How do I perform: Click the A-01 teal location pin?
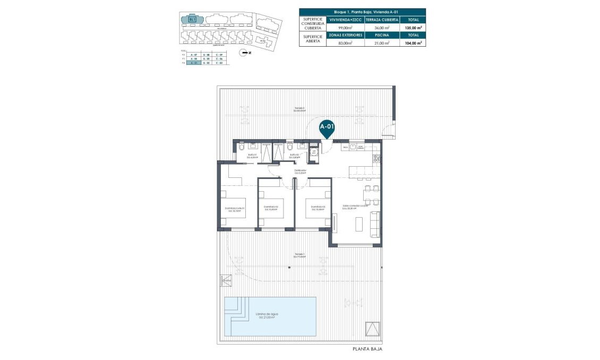(x=326, y=128)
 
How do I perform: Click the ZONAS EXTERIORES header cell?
(x=345, y=35)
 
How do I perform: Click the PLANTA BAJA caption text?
(x=367, y=349)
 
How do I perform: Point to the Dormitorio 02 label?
(x=270, y=208)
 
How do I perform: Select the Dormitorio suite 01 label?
(x=234, y=209)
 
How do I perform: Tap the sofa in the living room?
(x=375, y=224)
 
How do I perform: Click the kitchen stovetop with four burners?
(x=376, y=158)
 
